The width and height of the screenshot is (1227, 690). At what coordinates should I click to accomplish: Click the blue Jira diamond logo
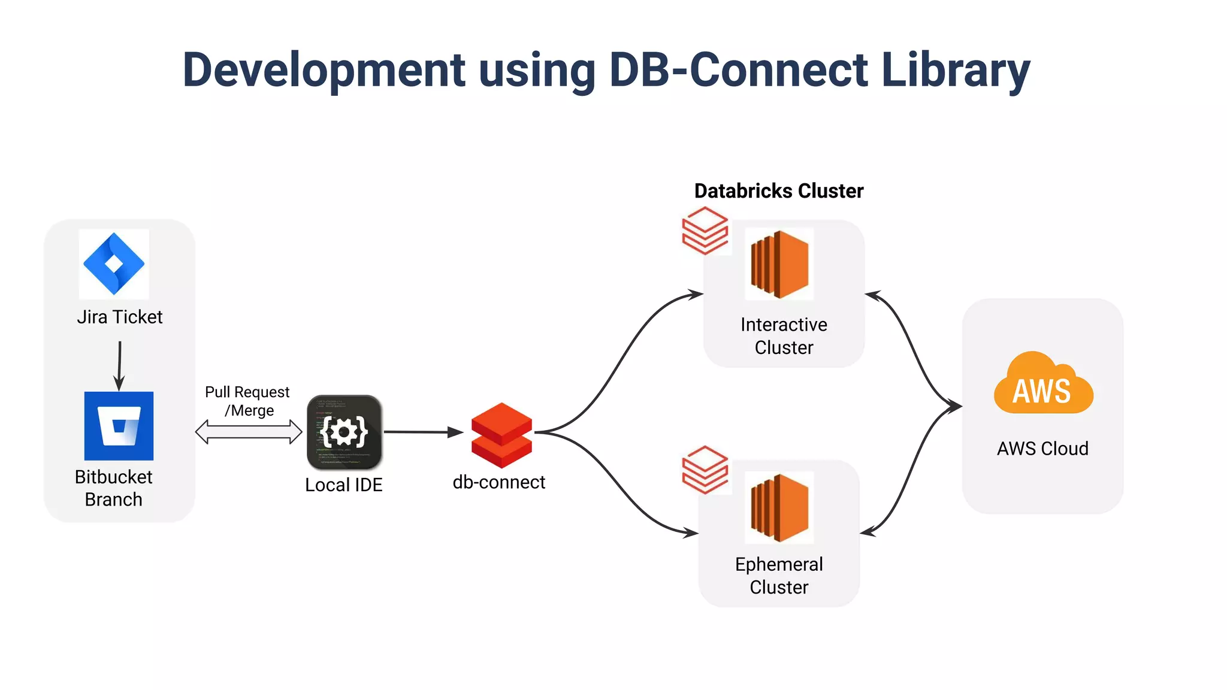coord(114,264)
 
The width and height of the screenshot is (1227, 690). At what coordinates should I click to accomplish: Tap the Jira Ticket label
coord(119,317)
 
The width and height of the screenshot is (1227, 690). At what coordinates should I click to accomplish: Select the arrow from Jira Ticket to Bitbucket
coord(119,365)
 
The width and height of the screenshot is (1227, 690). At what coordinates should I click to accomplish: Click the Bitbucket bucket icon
coord(119,426)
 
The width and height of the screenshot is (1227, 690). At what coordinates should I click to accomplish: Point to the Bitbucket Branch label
coord(113,488)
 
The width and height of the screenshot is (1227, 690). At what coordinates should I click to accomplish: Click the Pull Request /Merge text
coord(247,401)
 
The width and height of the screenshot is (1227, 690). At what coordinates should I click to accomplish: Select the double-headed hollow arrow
coord(249,432)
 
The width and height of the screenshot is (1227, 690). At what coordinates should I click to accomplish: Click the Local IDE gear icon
coord(344,431)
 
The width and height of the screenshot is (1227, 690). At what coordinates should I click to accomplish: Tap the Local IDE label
coord(343,485)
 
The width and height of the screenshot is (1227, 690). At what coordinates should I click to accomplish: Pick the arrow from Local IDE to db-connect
coord(422,432)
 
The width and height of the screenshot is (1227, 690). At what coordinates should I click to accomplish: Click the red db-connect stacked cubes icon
coord(501,435)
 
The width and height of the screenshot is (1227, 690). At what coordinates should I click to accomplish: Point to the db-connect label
coord(498,482)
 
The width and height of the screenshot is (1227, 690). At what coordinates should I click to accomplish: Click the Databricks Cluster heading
coord(778,191)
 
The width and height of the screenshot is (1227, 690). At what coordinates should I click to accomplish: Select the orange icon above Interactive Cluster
coord(779,264)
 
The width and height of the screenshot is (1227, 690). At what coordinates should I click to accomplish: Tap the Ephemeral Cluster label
coord(779,576)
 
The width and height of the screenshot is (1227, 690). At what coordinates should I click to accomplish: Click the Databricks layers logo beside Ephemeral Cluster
coord(705,470)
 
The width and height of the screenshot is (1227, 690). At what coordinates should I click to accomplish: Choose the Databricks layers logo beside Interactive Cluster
coord(705,231)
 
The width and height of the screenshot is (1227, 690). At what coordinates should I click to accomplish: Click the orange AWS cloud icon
coord(1043,385)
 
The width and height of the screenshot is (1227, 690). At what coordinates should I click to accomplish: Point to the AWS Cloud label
coord(1042,449)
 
